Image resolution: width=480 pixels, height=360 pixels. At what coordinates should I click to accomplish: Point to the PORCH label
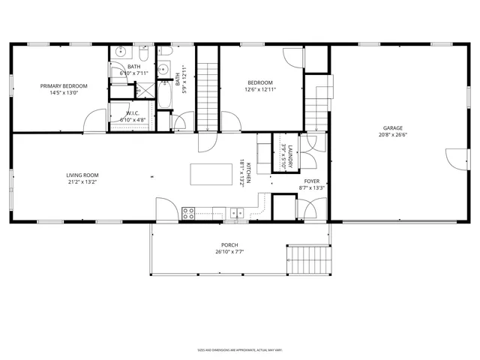click(229, 245)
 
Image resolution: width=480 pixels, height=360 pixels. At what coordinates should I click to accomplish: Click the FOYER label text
click(311, 181)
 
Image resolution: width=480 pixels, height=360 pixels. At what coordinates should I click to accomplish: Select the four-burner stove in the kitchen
click(188, 213)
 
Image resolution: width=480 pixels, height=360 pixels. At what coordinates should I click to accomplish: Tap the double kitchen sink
click(237, 214)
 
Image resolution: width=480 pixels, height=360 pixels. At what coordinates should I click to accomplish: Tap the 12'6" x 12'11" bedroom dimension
click(260, 90)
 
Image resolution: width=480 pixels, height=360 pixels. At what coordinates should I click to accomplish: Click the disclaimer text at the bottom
click(239, 349)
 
